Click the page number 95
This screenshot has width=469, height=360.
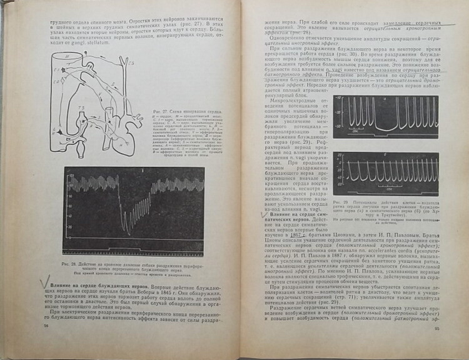click(436, 346)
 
